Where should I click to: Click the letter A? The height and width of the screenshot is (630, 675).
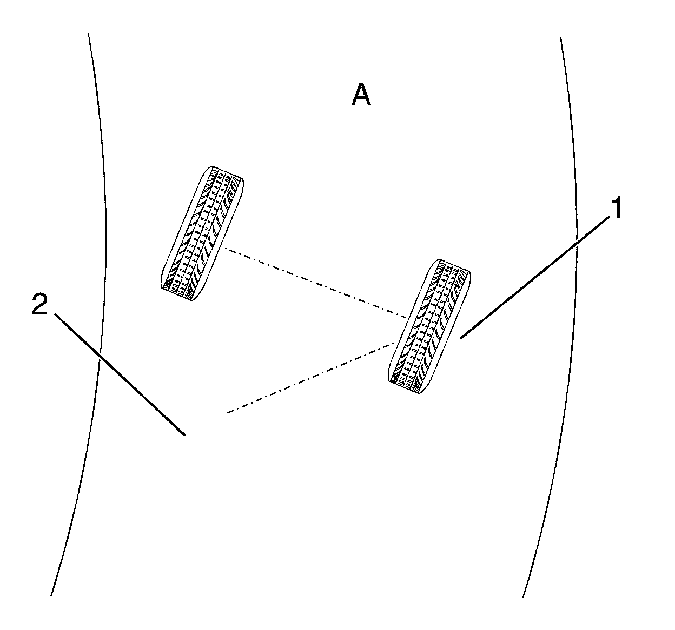[361, 96]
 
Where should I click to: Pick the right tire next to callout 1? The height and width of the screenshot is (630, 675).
[429, 326]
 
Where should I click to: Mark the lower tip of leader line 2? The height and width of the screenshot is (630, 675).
[186, 434]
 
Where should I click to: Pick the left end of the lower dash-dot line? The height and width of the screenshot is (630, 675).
[228, 413]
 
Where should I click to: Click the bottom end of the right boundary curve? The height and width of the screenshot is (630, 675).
[523, 597]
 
